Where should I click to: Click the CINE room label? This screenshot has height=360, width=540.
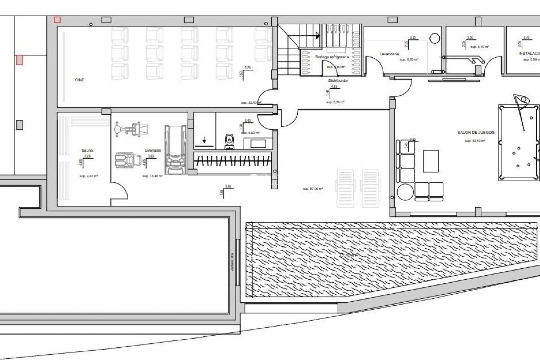tap(80, 80)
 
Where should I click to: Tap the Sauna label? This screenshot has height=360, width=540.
tap(87, 150)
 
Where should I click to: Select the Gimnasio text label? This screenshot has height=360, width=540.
tap(153, 150)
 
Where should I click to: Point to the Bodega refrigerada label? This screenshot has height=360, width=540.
tap(332, 57)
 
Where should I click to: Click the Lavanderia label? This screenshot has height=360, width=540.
tap(389, 54)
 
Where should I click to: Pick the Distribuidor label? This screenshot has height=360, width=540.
tap(338, 81)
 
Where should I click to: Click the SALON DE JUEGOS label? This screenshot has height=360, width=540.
tap(476, 132)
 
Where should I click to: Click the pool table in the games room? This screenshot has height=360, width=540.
tap(519, 143)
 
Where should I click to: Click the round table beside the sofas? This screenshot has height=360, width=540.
tap(405, 192)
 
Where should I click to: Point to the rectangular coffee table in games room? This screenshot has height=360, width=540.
tap(431, 161)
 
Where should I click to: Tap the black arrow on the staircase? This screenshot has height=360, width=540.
tap(318, 36)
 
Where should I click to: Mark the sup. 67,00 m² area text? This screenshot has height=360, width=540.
tap(312, 189)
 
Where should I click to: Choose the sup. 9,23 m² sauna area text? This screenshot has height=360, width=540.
tap(88, 176)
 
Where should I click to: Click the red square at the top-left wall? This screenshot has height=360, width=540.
tap(57, 20)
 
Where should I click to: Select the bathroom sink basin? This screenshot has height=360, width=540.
tap(258, 144)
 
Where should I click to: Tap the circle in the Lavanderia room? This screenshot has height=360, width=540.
tap(435, 38)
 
